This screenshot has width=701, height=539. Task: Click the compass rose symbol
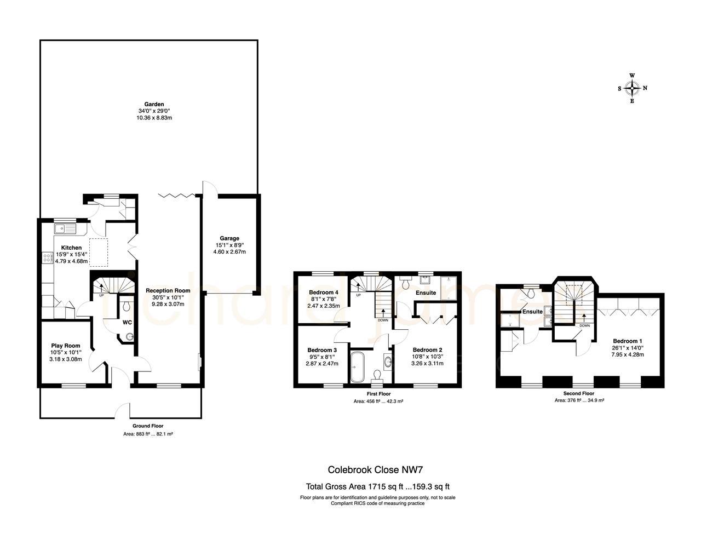tap(633, 88)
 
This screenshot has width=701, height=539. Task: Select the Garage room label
tap(229, 238)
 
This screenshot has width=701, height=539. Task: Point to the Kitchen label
tap(71, 248)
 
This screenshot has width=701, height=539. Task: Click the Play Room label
tap(66, 346)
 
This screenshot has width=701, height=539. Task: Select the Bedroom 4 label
tap(323, 293)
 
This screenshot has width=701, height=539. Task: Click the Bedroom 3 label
tap(322, 350)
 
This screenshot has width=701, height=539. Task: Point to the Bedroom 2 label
tap(427, 350)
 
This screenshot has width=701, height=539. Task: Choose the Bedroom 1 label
tap(628, 340)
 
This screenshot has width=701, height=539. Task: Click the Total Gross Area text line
tap(377, 486)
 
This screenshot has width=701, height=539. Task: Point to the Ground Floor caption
tap(148, 426)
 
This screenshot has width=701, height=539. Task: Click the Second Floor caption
tap(578, 393)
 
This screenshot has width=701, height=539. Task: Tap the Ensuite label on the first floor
tap(426, 293)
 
